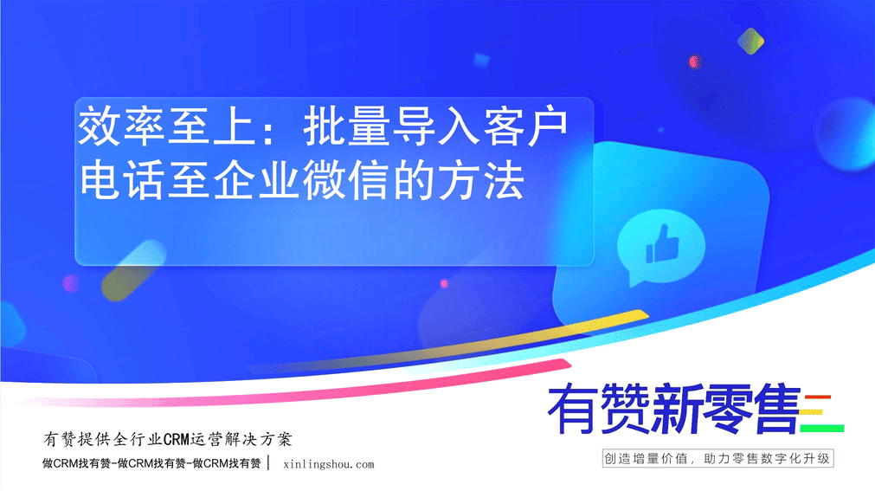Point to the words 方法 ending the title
[x=481, y=180]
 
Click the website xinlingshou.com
[x=329, y=464]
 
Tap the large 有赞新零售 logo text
[x=673, y=410]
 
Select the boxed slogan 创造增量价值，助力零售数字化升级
[x=717, y=459]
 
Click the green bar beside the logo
[x=822, y=429]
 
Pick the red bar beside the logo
[x=818, y=397]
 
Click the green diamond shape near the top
[x=750, y=41]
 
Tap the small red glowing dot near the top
[x=695, y=61]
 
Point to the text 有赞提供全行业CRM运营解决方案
[x=167, y=440]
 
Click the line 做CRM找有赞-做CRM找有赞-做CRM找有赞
[x=151, y=463]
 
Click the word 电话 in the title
[x=122, y=180]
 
